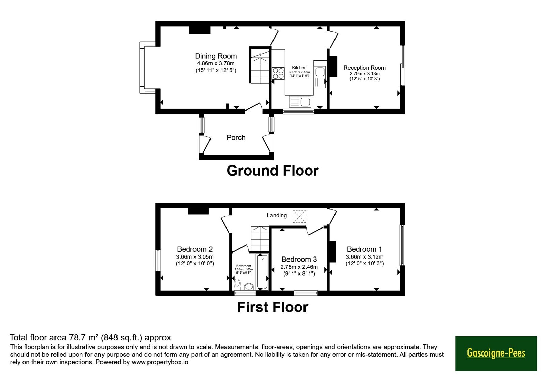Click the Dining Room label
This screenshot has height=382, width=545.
pyautogui.click(x=216, y=56)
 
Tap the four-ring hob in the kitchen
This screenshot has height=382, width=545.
pyautogui.click(x=278, y=73)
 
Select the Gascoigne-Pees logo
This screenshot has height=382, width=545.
pyautogui.click(x=496, y=353)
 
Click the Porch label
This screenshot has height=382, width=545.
pyautogui.click(x=236, y=138)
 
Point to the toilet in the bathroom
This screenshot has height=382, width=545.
pyautogui.click(x=237, y=284)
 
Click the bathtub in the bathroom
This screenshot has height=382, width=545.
pyautogui.click(x=262, y=272)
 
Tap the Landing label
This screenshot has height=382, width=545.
pyautogui.click(x=277, y=215)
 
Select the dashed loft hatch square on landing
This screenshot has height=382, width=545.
pyautogui.click(x=299, y=217)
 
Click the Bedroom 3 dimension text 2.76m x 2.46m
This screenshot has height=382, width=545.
pyautogui.click(x=299, y=267)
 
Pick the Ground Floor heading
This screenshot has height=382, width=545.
pyautogui.click(x=272, y=171)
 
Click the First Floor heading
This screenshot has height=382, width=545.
pyautogui.click(x=273, y=307)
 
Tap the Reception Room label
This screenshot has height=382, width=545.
pyautogui.click(x=364, y=68)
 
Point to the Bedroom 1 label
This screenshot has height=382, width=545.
pyautogui.click(x=364, y=249)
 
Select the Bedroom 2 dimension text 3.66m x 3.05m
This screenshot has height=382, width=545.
pyautogui.click(x=194, y=257)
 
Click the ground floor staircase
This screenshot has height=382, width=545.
pyautogui.click(x=260, y=65)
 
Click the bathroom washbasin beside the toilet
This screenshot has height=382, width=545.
pyautogui.click(x=249, y=286)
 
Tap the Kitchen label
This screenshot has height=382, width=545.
pyautogui.click(x=299, y=68)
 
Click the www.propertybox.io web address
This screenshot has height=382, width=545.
pyautogui.click(x=160, y=362)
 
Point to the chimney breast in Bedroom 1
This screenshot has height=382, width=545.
pyautogui.click(x=332, y=252)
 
